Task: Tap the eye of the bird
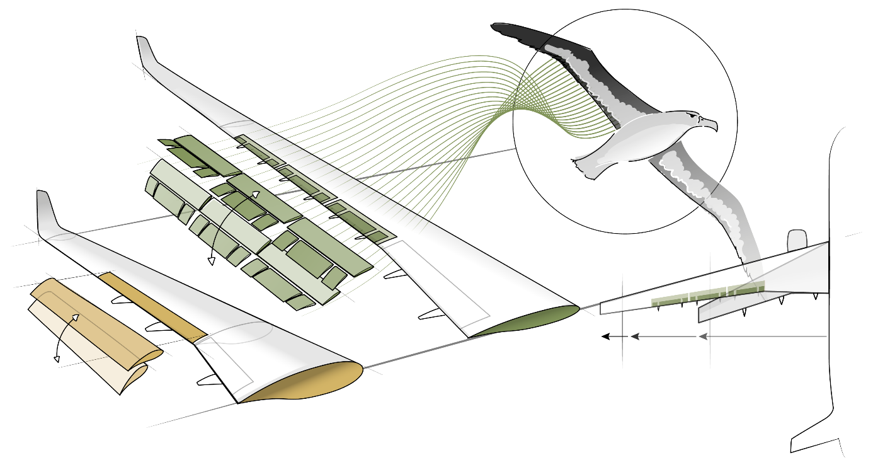(x=693, y=118)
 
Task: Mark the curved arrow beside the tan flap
(x=63, y=334)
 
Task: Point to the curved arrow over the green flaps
(x=227, y=227)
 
